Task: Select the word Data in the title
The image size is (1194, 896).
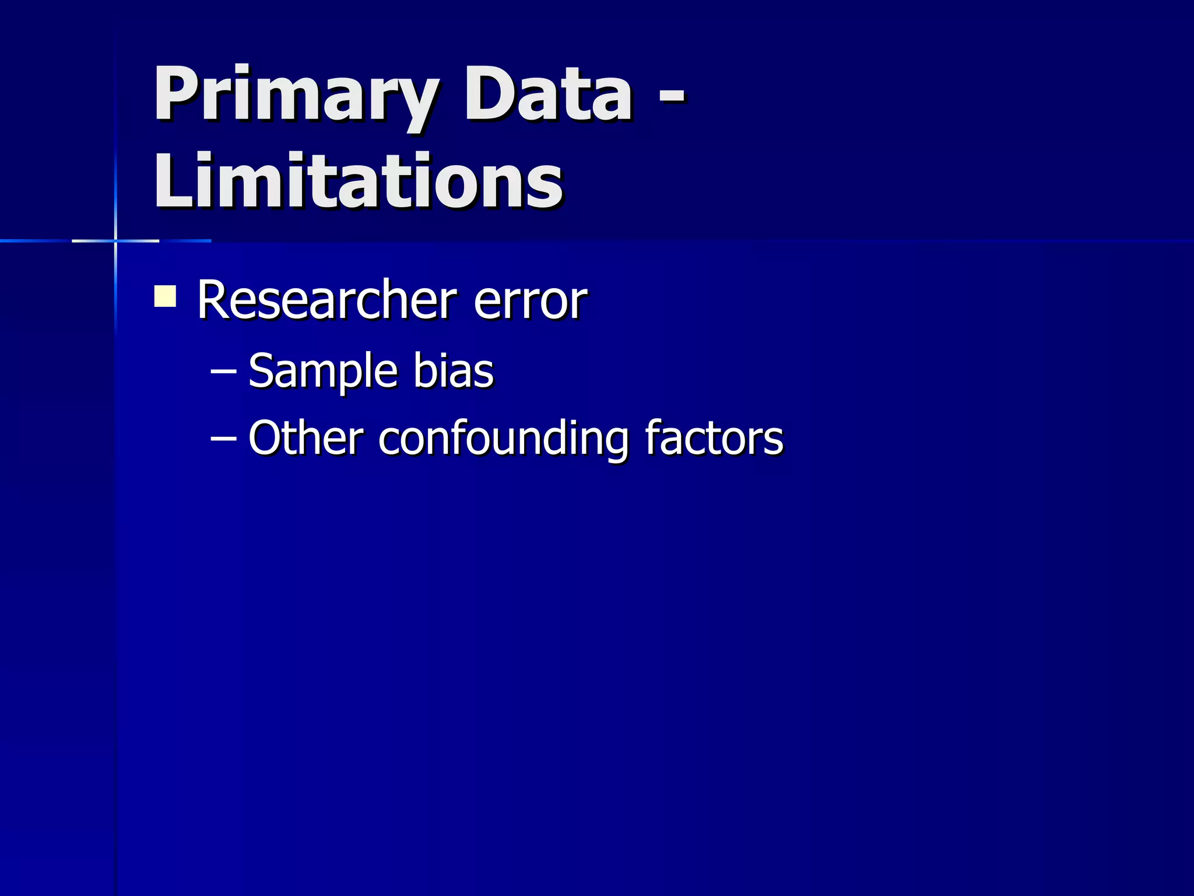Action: [x=547, y=94]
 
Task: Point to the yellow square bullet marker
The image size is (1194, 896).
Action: [x=165, y=296]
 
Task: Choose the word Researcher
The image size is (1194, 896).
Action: [x=327, y=300]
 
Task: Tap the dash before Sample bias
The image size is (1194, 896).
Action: [x=223, y=371]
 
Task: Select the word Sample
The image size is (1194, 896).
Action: [x=322, y=372]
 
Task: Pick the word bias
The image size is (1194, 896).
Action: [x=453, y=371]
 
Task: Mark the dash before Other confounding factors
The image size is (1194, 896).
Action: [x=223, y=438]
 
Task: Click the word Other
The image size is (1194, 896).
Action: [x=305, y=437]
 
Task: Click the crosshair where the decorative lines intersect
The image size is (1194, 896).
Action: [x=115, y=240]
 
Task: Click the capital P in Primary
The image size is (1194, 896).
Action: [x=174, y=93]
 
